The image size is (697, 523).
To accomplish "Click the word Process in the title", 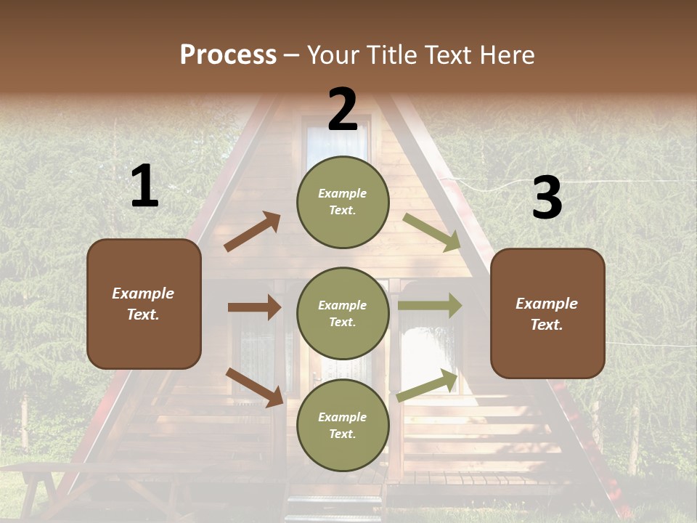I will coord(228,55).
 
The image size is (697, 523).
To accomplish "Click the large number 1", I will coord(144,187).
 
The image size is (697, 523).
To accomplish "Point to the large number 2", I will coord(343,110).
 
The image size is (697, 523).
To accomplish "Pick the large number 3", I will coord(547,198).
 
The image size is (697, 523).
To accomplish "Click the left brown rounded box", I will coord(144,304).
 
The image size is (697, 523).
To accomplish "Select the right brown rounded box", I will coord(547,313).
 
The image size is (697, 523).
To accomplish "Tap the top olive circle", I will coord(343,202).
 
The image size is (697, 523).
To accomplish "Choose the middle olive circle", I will coord(343,313).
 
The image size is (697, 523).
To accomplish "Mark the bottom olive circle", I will coord(343,425).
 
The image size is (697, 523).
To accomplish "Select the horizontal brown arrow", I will coord(254,307).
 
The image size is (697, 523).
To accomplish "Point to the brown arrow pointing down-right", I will coord(254,387).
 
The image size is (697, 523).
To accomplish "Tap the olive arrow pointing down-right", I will coord(432,232).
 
